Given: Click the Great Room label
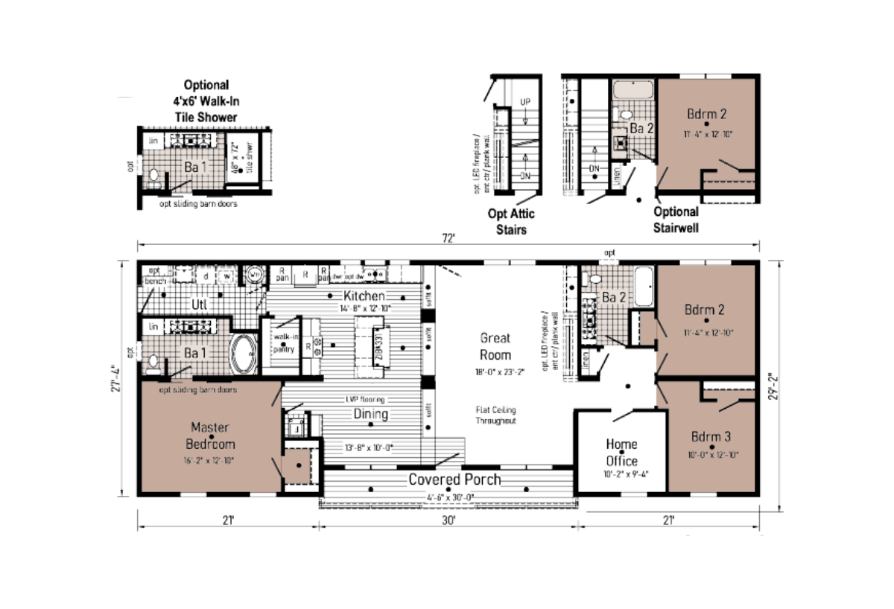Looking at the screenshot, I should coord(495,346).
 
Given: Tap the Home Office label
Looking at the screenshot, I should coord(621,452).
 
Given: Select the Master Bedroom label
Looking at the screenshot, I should coord(210,436).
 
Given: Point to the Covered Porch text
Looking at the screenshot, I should coord(454,479).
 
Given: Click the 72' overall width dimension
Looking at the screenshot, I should coord(448,238).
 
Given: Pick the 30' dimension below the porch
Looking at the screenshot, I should coord(448,520).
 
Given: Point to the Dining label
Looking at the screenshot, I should coord(370,414).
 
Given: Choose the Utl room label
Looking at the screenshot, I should coord(199,304).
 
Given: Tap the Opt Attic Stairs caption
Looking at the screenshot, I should coord(511,221).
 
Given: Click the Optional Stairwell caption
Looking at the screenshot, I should coord(675,219).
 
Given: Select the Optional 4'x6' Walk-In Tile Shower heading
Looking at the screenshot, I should coord(206,101).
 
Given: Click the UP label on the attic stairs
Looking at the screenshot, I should coord(524,101).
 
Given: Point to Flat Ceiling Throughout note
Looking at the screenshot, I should coord(495,415).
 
